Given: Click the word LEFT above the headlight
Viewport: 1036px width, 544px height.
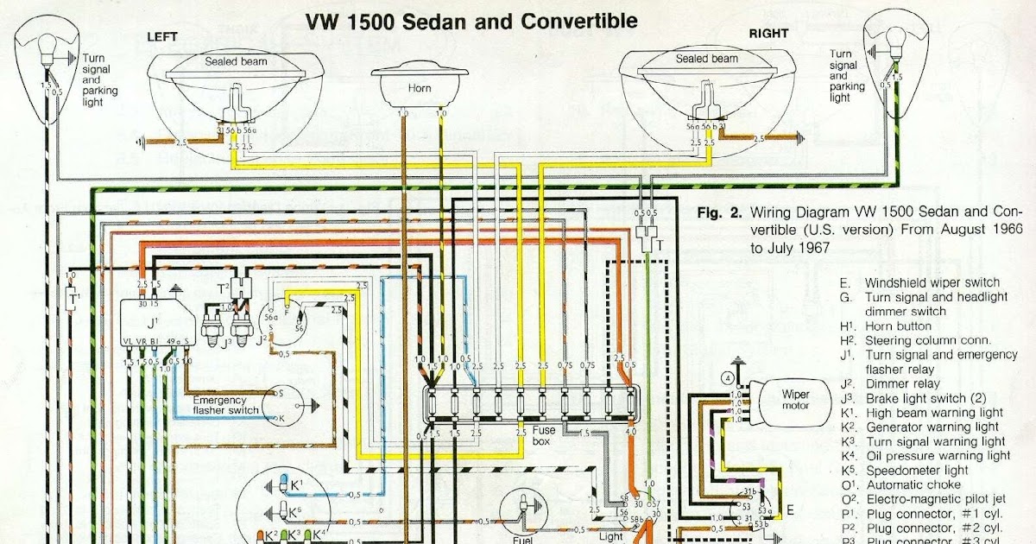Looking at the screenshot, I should click(162, 36).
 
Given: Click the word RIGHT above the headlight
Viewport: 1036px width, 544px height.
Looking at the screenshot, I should click(768, 34).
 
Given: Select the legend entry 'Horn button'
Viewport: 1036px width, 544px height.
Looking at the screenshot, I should click(898, 326).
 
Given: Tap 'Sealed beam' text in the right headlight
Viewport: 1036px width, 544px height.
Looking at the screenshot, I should click(706, 59).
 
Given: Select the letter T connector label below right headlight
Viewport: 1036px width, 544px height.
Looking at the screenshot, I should click(660, 244).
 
